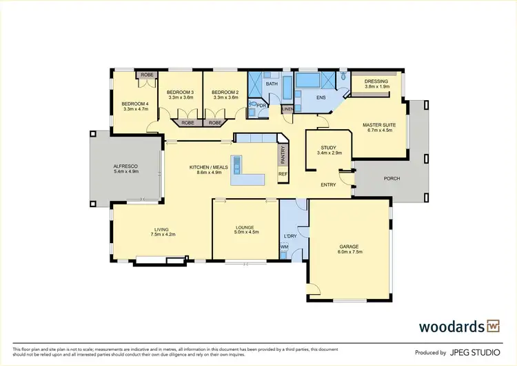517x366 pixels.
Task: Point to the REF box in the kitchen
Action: tap(282, 174)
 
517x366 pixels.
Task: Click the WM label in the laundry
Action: tap(284, 247)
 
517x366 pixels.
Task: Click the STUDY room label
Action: tap(328, 148)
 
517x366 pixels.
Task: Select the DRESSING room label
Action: tap(376, 81)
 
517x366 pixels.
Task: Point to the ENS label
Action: tap(321, 97)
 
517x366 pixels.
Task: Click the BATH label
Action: tap(272, 84)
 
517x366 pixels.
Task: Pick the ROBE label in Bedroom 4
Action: tap(147, 75)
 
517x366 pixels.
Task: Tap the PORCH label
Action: tap(391, 179)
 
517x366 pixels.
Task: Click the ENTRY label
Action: tap(329, 184)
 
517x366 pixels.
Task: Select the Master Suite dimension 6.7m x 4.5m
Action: tap(377, 130)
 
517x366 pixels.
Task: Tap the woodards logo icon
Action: tap(493, 325)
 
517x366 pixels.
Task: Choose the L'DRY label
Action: tap(290, 236)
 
